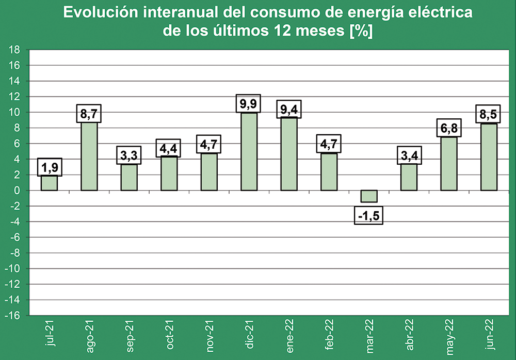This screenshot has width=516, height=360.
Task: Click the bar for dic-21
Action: tap(249, 151)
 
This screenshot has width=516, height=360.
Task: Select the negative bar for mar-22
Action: tap(368, 196)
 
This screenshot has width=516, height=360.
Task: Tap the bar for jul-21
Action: tap(49, 183)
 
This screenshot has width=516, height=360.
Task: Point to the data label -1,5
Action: tap(368, 215)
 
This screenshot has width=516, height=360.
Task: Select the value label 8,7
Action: tap(89, 114)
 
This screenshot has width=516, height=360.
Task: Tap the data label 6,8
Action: tap(448, 128)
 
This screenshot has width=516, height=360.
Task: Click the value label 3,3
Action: tap(129, 155)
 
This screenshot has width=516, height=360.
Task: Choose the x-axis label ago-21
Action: tap(89, 336)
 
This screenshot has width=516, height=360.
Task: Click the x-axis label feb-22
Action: tap(329, 336)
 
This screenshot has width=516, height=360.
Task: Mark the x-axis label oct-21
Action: tap(169, 336)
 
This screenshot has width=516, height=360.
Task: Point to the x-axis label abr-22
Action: tap(409, 336)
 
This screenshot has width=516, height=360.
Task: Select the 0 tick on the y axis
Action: tap(18, 191)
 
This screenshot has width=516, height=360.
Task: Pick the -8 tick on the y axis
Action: tap(15, 253)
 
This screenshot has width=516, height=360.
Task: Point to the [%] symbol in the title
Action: tap(361, 30)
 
